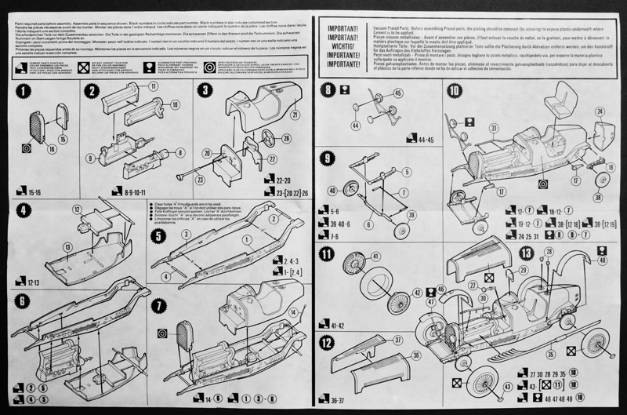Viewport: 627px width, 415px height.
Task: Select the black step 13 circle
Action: pyautogui.click(x=527, y=253)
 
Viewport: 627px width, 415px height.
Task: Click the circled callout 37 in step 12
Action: pyautogui.click(x=397, y=340)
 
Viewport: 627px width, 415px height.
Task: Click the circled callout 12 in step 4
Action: pyautogui.click(x=77, y=209)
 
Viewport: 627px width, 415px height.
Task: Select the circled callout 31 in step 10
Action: pyautogui.click(x=495, y=127)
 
